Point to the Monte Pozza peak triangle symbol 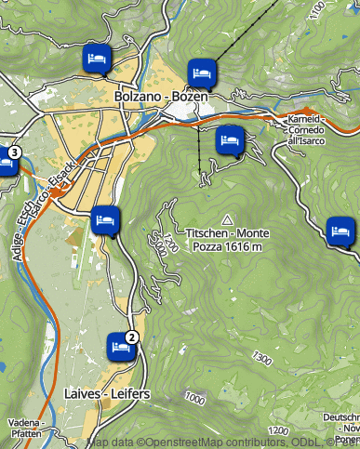pos(226,217)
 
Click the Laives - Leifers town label pos(107,395)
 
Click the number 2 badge pos(132,337)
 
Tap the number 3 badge pos(14,152)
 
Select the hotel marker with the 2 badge pos(119,345)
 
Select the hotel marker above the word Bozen pos(200,72)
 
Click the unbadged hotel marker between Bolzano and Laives pos(105,220)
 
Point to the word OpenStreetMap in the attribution pos(178,442)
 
